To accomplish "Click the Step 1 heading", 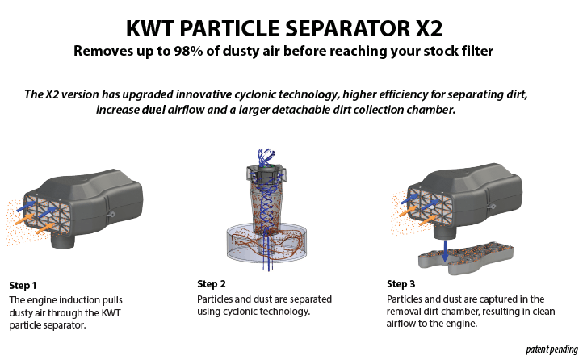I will (23, 286).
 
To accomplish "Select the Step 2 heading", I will (212, 284).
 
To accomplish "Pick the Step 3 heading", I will (401, 284).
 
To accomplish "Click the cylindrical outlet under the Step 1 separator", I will (61, 238).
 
